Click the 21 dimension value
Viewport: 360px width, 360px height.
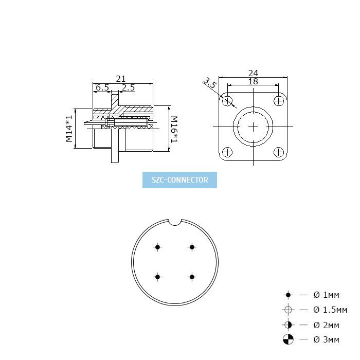click(x=121, y=79)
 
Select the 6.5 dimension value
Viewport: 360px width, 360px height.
click(x=102, y=87)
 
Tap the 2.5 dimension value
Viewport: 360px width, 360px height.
click(x=128, y=87)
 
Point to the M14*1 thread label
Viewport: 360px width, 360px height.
click(x=69, y=129)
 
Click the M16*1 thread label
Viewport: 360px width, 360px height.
click(x=174, y=130)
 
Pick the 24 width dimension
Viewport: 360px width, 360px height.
click(x=253, y=73)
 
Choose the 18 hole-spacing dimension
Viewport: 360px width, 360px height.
click(x=253, y=81)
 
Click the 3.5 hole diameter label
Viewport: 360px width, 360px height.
click(x=210, y=83)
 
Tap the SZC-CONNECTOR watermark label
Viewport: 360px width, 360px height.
click(x=180, y=180)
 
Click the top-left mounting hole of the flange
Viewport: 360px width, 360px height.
click(x=227, y=101)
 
